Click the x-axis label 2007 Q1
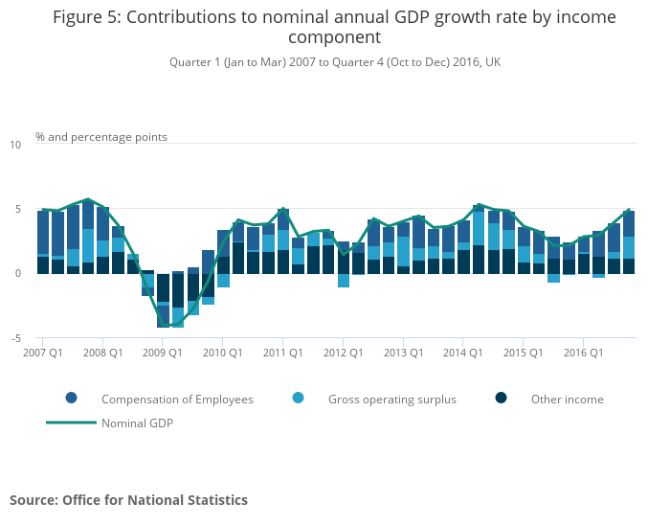coord(43,353)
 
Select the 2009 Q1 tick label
coord(163,353)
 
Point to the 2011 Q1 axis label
coord(282,353)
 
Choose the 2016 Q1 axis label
coord(582,353)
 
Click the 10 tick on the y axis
coord(15,145)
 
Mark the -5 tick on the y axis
coord(15,338)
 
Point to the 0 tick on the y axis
coord(17,273)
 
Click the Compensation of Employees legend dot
coord(72,399)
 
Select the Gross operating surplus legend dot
coord(299,399)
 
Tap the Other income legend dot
coord(502,399)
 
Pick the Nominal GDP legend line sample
coord(72,423)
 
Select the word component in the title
coord(335,38)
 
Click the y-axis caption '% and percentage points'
coord(101,137)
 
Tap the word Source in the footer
coord(34,500)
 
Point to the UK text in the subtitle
coord(493,62)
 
